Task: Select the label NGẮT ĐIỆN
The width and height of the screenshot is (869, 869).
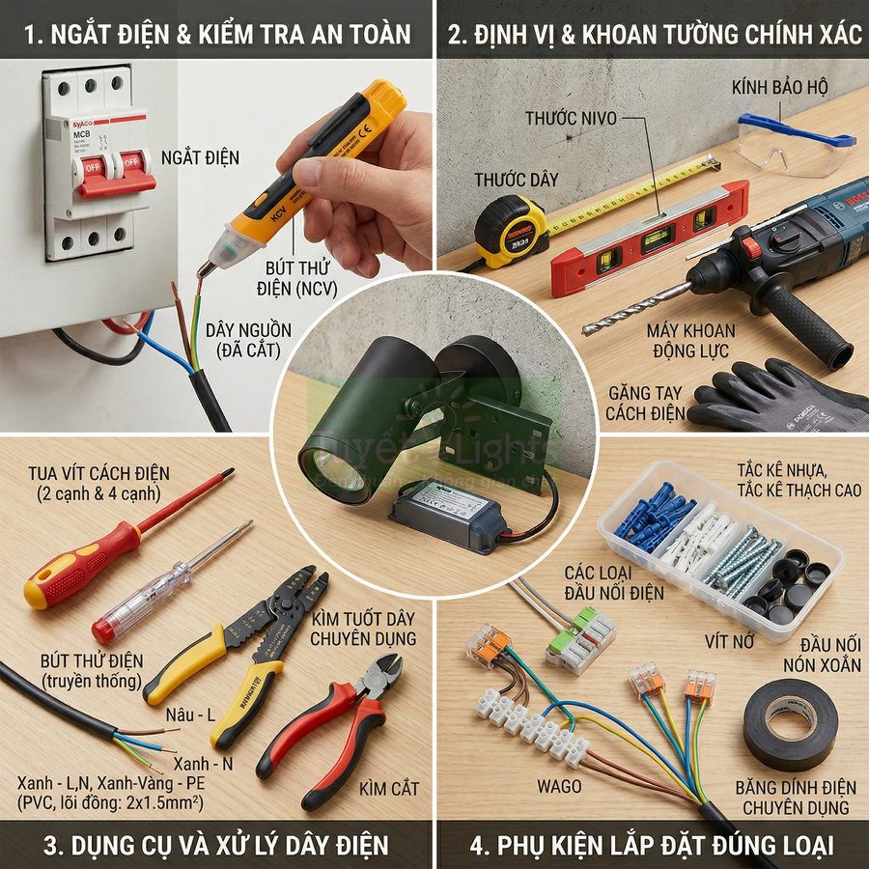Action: pos(200,157)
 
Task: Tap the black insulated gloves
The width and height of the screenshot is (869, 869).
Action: pos(772,396)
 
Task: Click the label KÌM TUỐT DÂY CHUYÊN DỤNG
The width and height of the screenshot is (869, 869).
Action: pos(363,629)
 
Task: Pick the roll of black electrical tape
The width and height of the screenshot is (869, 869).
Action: pos(791,724)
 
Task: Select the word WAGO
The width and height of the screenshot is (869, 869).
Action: pos(559,786)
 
